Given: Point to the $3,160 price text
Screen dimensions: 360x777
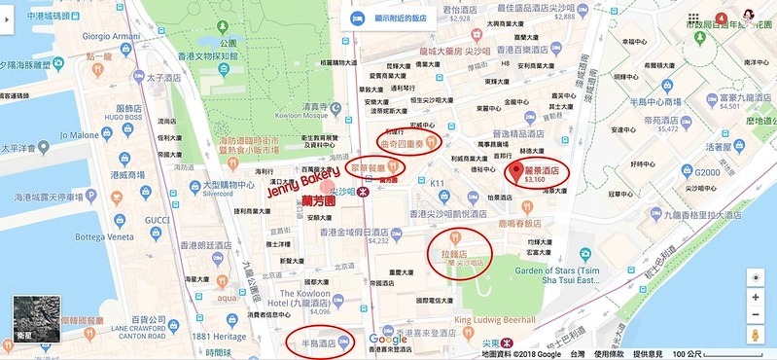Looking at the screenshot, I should click(x=536, y=180).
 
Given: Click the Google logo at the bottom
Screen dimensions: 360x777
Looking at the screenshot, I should click(x=387, y=340).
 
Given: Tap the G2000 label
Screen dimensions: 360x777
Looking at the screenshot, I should click(x=707, y=172).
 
